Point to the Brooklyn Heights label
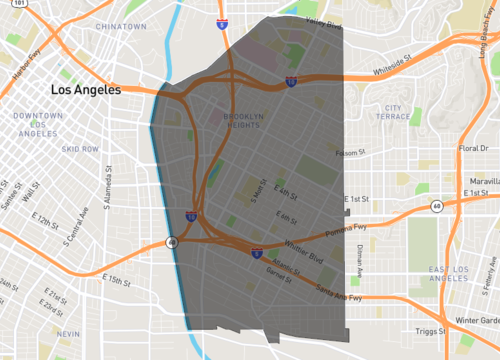(x=237, y=120)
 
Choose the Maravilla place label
(x=479, y=180)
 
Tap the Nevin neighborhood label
(x=68, y=332)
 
